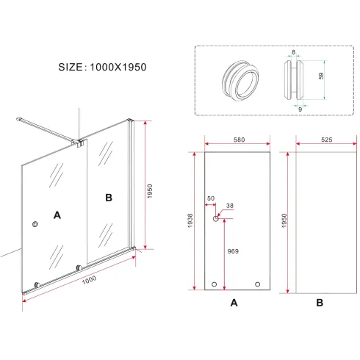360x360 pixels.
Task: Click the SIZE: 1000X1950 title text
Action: point(102,67)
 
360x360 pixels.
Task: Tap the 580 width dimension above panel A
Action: point(239,140)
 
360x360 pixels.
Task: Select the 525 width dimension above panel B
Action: point(327,140)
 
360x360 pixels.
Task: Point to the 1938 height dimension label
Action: point(190,220)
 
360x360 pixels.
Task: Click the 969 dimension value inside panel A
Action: point(233,251)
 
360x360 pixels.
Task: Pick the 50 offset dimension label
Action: point(211,198)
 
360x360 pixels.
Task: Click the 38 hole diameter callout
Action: point(230,206)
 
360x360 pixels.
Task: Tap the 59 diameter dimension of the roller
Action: point(321,76)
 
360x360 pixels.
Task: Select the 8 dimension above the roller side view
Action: point(294,52)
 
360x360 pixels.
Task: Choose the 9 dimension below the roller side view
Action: point(300,109)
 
